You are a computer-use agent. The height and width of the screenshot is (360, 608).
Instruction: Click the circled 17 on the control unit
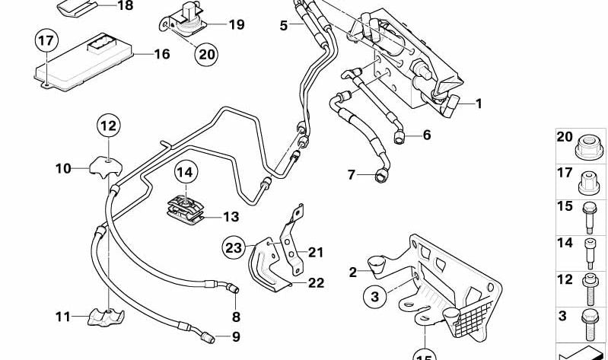point(46,40)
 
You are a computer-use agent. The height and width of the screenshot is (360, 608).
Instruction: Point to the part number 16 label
point(162,54)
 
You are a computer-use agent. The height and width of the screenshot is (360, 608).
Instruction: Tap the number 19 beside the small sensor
point(236,24)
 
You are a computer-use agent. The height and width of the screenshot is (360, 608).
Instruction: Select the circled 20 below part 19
point(206,54)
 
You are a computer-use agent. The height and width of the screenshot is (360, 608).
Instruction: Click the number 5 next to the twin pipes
point(283,25)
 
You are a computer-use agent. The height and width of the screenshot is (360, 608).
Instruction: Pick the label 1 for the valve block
point(479,104)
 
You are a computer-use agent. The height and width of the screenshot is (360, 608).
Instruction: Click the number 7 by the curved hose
point(351,175)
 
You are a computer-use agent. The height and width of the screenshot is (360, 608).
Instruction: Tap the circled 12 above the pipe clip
point(108,125)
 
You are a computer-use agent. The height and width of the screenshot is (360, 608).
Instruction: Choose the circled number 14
point(186,173)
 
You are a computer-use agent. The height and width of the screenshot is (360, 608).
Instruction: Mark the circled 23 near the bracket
point(234,247)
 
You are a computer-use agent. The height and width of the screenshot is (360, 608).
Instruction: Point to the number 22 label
point(316,282)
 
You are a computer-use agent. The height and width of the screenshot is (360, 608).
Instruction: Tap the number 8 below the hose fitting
point(235,316)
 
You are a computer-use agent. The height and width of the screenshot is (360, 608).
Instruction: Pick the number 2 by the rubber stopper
point(352,272)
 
